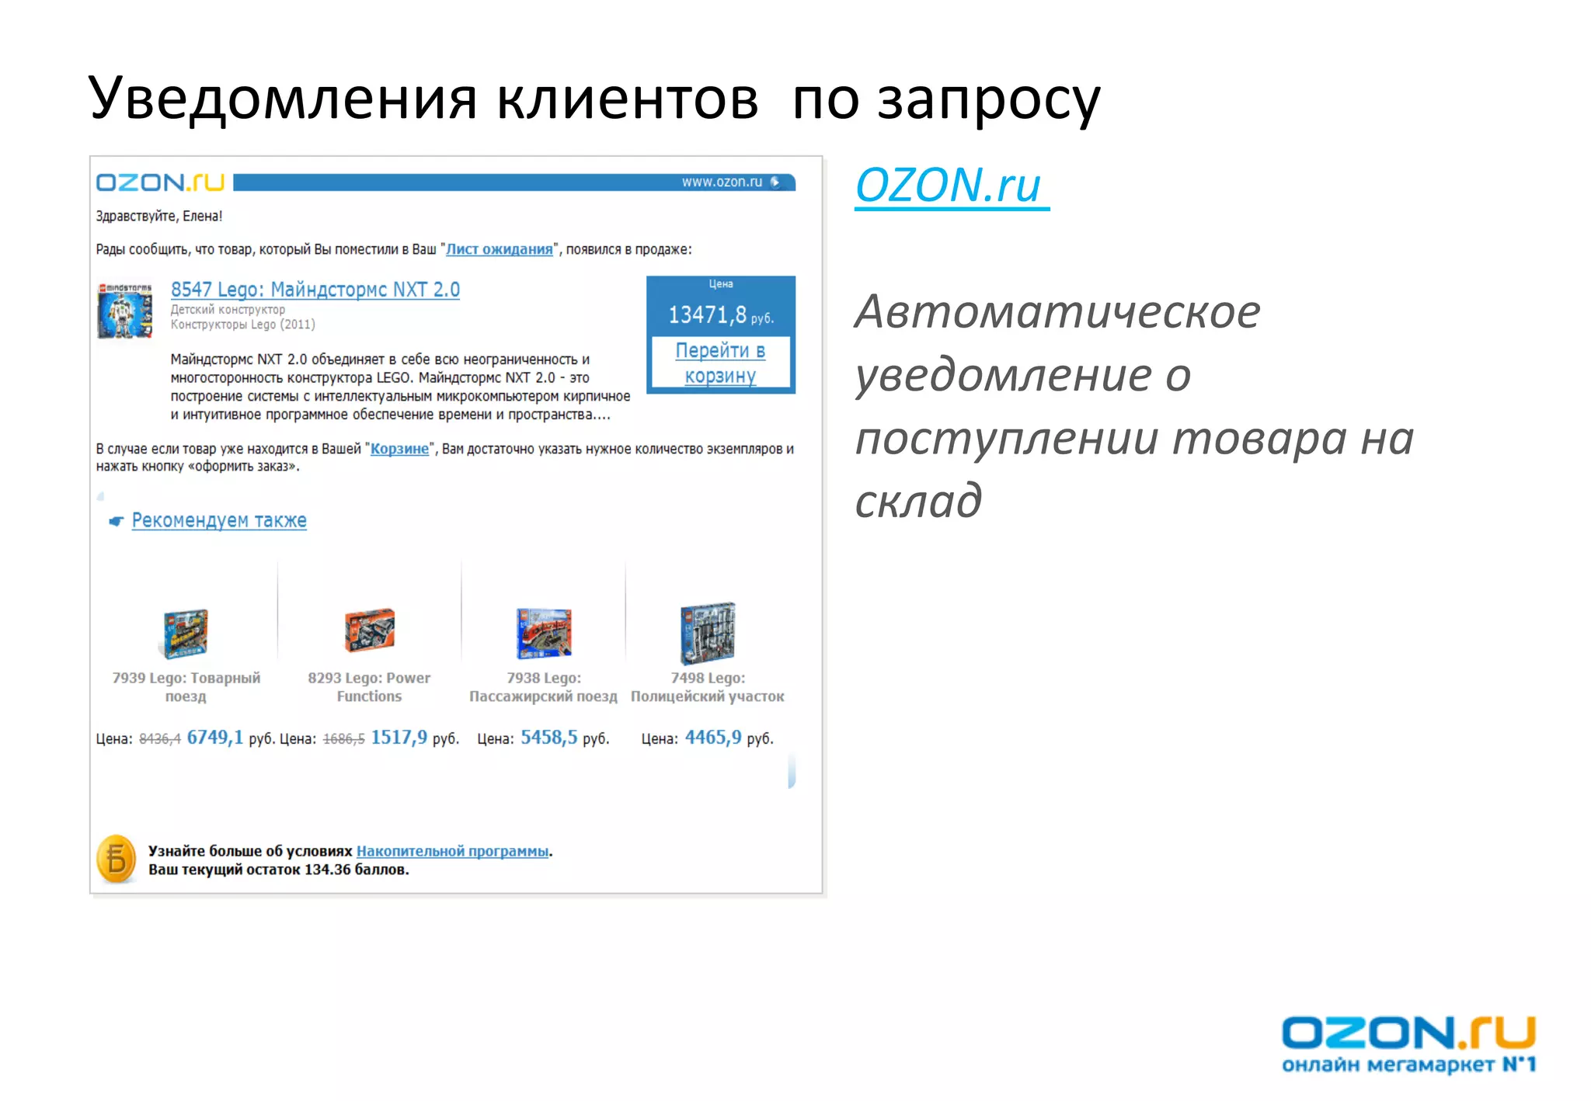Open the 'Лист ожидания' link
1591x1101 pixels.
click(x=499, y=249)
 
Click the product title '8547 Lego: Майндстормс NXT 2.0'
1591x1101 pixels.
click(x=315, y=290)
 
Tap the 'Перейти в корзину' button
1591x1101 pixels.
click(x=720, y=363)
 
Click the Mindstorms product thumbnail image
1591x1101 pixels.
click(x=124, y=311)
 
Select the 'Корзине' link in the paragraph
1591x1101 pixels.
click(x=399, y=449)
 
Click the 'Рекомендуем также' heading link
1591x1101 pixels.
click(x=218, y=520)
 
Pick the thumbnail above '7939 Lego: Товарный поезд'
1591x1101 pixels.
click(x=186, y=633)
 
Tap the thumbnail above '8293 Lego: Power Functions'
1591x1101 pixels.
click(x=370, y=630)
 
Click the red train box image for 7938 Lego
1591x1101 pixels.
click(x=544, y=633)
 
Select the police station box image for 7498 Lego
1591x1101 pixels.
click(x=708, y=633)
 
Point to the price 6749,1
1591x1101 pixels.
click(x=214, y=738)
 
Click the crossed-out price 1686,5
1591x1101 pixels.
click(x=343, y=739)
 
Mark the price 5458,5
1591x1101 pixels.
click(x=548, y=738)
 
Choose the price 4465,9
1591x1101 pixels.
click(x=712, y=738)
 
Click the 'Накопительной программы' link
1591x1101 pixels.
click(x=452, y=851)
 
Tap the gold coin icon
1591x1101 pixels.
click(x=117, y=860)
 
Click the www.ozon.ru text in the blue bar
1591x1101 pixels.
click(x=722, y=182)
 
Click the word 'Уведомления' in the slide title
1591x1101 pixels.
click(x=282, y=99)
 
